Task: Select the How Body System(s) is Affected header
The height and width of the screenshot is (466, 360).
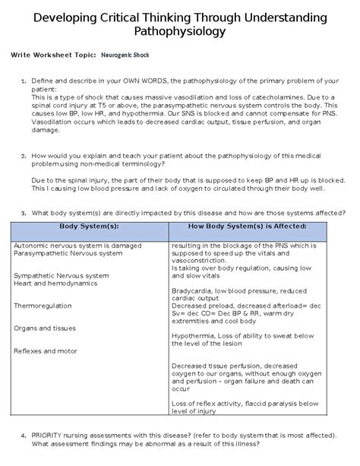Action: [257, 227]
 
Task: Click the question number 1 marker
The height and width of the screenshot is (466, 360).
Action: [24, 80]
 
